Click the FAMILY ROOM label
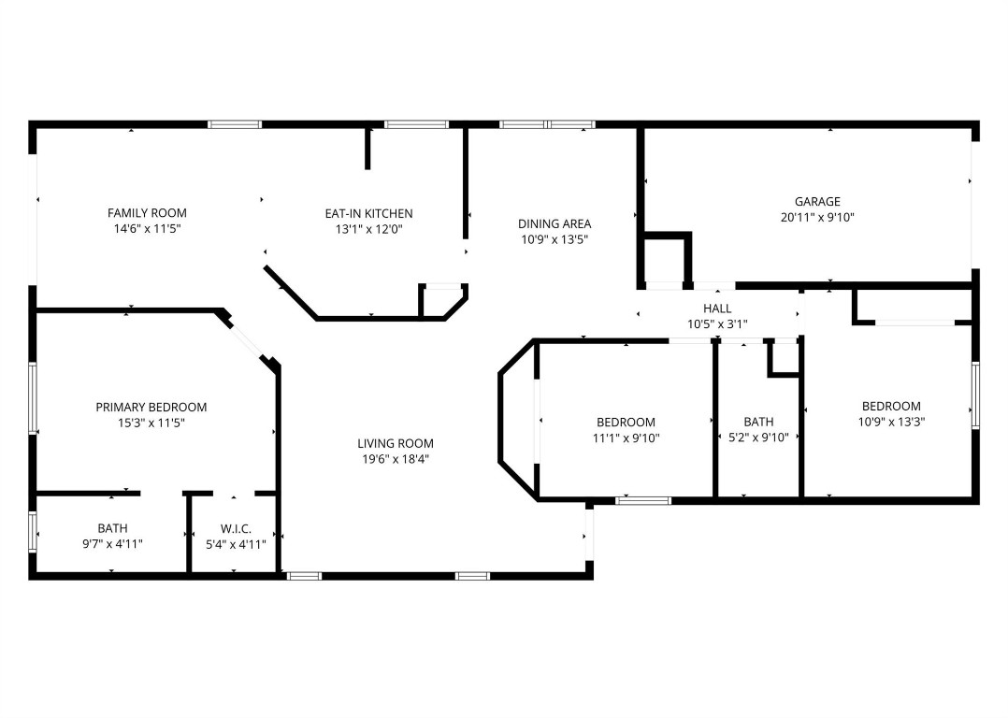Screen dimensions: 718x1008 click(x=147, y=213)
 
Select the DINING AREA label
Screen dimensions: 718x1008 click(x=554, y=223)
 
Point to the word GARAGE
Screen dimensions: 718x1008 click(x=816, y=201)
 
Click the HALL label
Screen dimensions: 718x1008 click(x=717, y=309)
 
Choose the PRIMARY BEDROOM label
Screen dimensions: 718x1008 click(x=151, y=407)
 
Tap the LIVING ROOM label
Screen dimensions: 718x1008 click(x=395, y=443)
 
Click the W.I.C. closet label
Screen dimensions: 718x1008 click(x=236, y=528)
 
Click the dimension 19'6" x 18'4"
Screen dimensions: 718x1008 click(x=395, y=459)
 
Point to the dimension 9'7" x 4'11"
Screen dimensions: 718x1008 click(x=112, y=543)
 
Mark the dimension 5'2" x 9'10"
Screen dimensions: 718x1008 click(x=758, y=437)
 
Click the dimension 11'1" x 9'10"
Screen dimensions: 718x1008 click(x=626, y=437)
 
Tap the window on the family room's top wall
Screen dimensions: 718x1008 click(x=235, y=123)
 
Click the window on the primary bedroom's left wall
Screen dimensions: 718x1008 click(x=33, y=397)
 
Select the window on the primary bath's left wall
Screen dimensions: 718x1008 click(x=33, y=533)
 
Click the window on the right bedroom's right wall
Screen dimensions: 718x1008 click(x=974, y=395)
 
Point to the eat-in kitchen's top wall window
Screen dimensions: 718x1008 click(x=416, y=123)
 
